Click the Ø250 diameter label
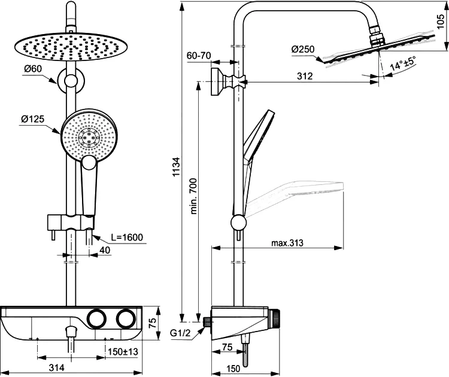coord(304,50)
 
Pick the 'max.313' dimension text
coord(287,242)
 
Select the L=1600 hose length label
coord(126,238)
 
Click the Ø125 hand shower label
coord(33,120)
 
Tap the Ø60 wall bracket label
coord(32,69)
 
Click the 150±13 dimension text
coord(123,352)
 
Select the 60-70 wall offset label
coord(199,56)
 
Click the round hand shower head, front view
coord(87,136)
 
